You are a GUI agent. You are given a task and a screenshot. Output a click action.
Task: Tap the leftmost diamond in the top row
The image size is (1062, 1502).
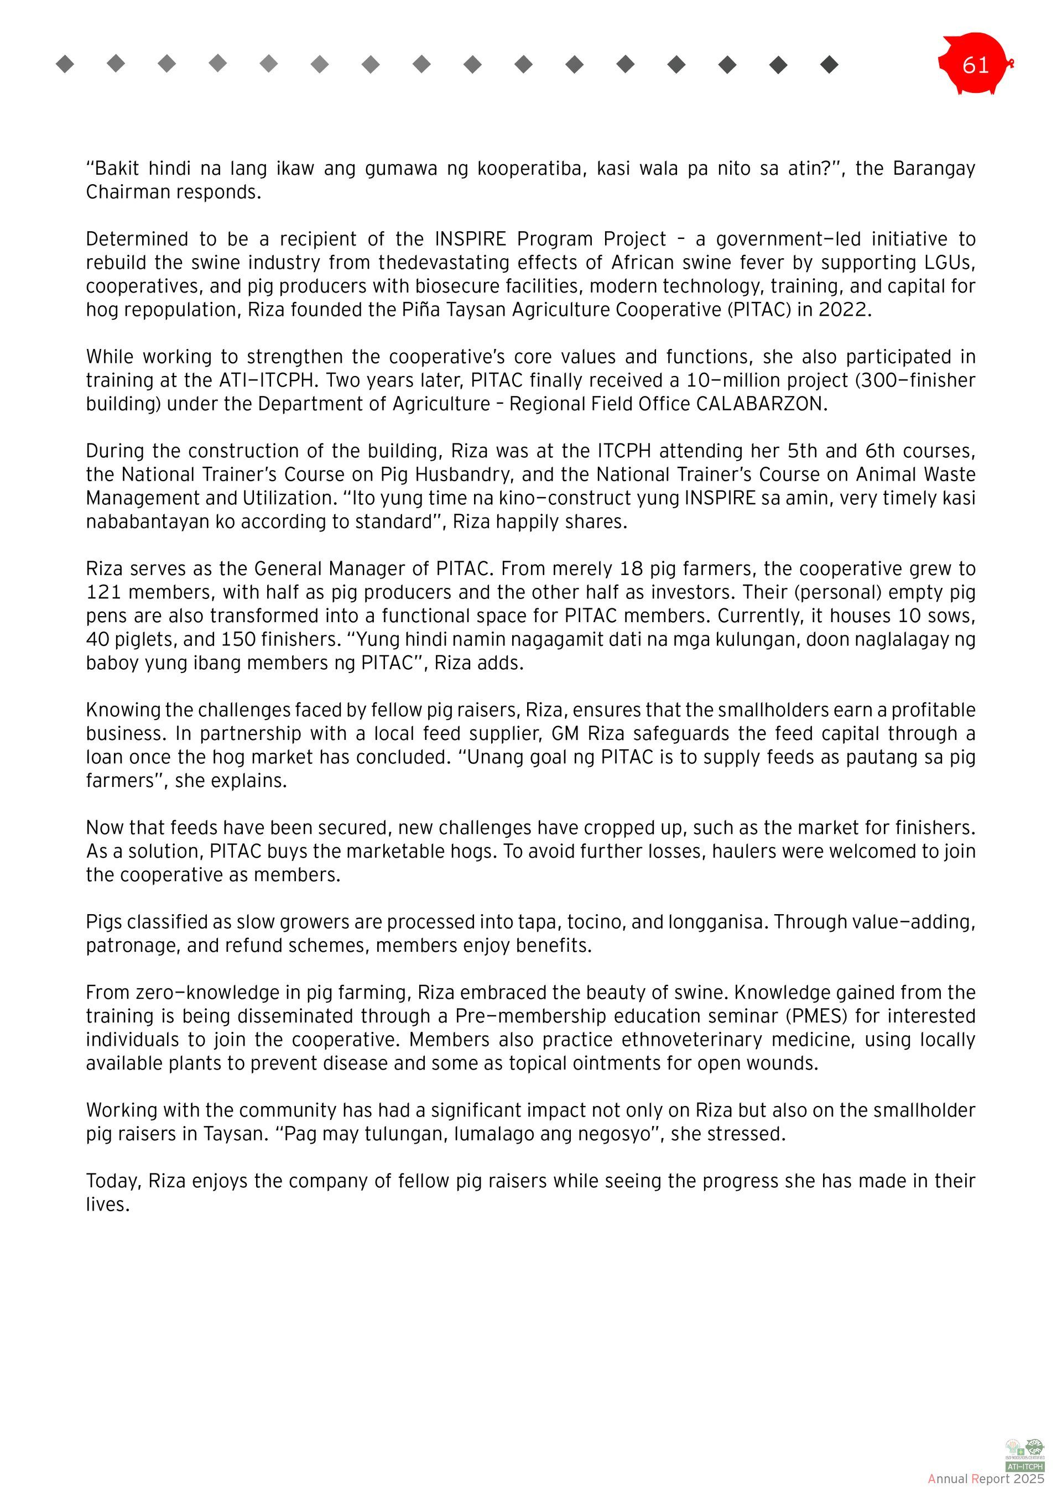(65, 64)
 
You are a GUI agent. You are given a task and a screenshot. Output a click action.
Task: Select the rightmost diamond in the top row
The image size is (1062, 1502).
(829, 64)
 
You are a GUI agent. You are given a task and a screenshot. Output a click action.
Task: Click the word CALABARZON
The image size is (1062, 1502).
(761, 404)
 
